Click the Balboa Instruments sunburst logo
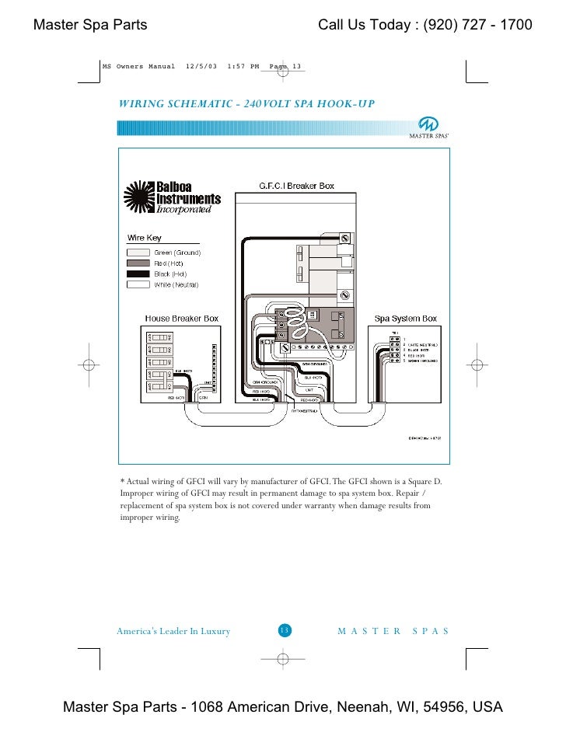(140, 198)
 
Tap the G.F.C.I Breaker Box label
(296, 186)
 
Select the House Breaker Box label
(182, 319)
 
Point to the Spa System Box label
(406, 319)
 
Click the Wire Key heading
(144, 238)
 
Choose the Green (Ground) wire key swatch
(138, 253)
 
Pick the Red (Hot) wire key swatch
(138, 263)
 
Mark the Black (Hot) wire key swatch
(138, 274)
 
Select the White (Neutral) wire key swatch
(138, 285)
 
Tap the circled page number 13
(284, 630)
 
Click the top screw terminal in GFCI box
(344, 237)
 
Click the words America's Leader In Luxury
(173, 631)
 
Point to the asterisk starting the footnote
(122, 481)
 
